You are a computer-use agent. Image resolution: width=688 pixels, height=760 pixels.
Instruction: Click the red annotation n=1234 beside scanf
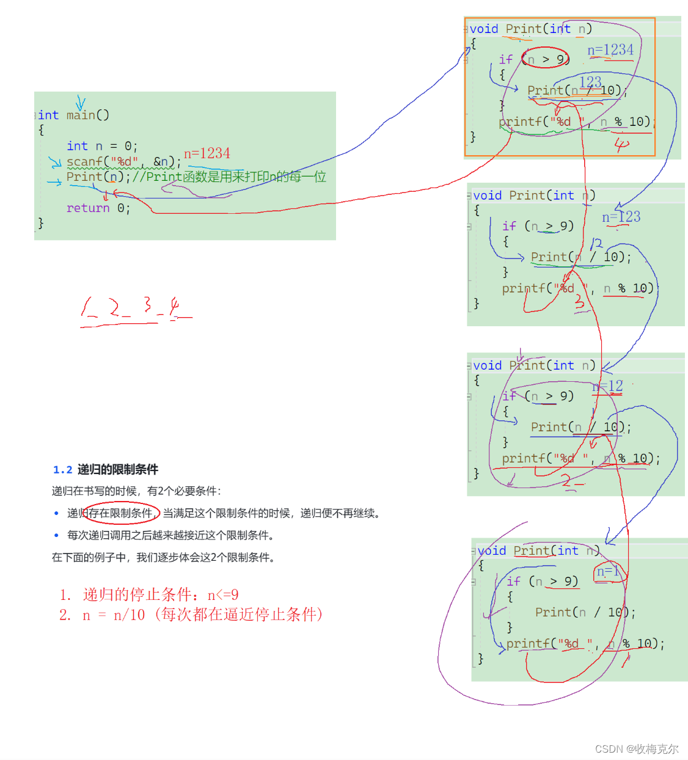207,153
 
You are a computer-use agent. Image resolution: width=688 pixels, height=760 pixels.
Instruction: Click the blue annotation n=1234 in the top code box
610,50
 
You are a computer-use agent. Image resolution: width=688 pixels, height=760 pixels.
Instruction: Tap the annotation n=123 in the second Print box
621,217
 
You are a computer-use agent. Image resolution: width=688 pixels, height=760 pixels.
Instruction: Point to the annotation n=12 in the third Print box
608,386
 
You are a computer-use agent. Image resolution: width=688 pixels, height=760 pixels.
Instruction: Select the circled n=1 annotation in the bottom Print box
608,572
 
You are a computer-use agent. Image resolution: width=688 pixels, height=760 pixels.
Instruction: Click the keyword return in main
88,208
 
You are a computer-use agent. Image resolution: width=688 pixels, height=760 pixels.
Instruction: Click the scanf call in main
86,162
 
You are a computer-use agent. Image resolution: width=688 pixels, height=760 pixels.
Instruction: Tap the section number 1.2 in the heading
62,470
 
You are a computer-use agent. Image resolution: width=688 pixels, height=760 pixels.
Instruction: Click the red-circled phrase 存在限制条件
120,513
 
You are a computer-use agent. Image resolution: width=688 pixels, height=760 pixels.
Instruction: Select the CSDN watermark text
636,749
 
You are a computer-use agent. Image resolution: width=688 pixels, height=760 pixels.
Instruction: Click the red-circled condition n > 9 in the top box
546,59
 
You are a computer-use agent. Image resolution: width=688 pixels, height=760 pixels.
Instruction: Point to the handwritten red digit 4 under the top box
621,145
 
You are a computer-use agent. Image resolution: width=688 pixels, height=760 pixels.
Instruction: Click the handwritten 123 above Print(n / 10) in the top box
590,82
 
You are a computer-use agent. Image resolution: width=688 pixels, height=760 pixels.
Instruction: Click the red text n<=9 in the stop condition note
223,595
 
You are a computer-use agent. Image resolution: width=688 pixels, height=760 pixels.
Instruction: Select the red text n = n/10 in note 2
114,615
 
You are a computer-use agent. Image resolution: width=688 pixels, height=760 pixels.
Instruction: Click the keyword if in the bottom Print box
513,582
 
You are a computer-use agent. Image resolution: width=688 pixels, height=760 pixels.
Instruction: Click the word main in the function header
81,115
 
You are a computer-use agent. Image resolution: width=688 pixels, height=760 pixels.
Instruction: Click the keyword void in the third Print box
487,366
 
